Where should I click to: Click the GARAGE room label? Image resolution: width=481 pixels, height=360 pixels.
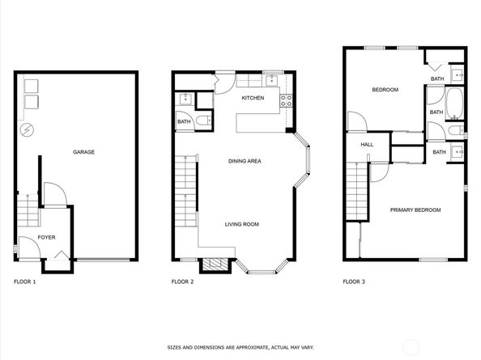click(x=83, y=152)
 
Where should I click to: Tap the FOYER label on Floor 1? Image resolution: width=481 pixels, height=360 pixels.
click(x=47, y=238)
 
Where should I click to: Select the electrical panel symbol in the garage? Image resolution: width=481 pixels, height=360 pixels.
click(x=27, y=130)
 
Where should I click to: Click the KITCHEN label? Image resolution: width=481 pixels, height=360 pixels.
click(x=253, y=98)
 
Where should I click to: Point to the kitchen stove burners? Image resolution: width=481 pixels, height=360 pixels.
click(x=286, y=101)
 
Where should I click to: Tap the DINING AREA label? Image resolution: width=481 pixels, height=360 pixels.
click(x=245, y=161)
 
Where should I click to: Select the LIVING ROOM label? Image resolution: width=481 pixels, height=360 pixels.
click(x=242, y=224)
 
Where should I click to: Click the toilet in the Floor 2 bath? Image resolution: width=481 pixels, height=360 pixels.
click(x=204, y=121)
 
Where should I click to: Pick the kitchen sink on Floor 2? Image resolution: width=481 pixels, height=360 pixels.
click(x=272, y=81)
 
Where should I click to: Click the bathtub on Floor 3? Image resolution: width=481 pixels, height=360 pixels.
click(x=454, y=104)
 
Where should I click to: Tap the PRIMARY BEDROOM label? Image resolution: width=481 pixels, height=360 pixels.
click(x=415, y=210)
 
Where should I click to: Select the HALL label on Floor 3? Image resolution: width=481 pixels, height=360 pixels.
click(x=367, y=145)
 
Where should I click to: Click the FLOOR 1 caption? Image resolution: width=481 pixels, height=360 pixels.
click(x=25, y=282)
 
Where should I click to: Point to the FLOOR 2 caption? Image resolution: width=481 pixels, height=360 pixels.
click(x=182, y=282)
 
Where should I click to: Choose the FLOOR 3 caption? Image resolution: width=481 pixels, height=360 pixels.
click(x=354, y=282)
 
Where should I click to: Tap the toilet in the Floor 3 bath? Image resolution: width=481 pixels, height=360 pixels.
click(x=456, y=130)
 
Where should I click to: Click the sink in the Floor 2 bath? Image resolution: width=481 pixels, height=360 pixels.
click(x=185, y=100)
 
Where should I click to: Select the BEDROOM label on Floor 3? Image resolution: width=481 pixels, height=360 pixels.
click(x=385, y=90)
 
